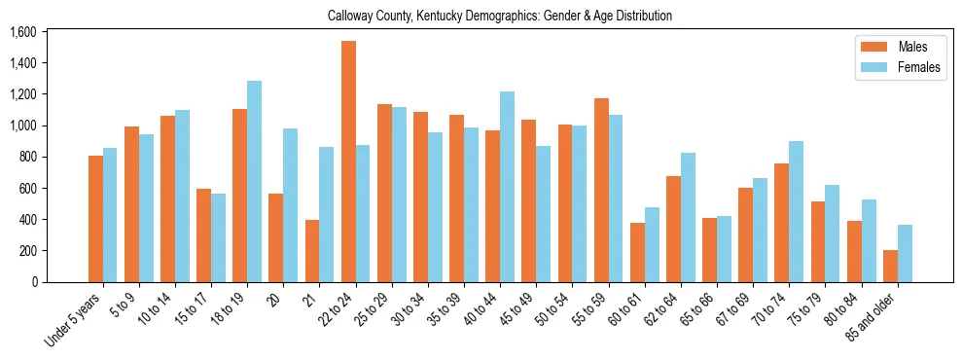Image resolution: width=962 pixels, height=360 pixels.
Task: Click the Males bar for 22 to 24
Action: [x=348, y=162]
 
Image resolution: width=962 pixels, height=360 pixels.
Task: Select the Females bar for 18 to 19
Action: [x=254, y=181]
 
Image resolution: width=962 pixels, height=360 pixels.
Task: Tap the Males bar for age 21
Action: [x=312, y=251]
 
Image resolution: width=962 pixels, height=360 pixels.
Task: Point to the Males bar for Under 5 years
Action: [x=95, y=219]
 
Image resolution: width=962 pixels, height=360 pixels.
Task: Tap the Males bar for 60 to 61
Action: [x=637, y=252]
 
